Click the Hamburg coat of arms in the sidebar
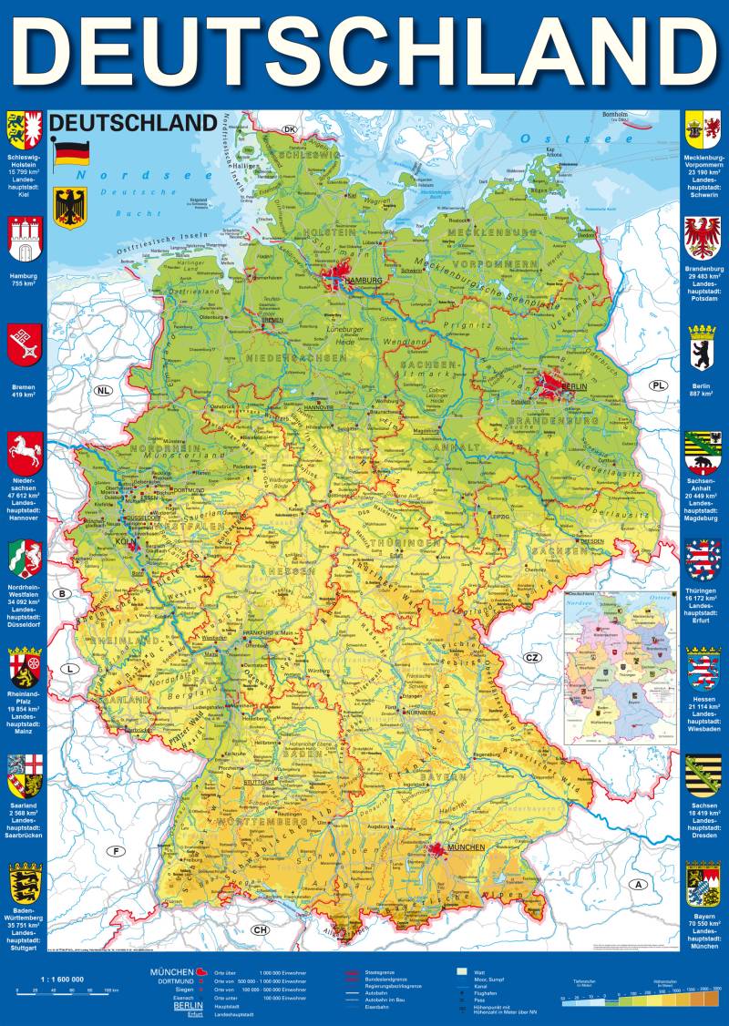[x=26, y=240]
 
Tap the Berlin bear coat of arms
[x=703, y=345]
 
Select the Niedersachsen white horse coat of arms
[x=26, y=451]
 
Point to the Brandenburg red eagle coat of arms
[x=703, y=239]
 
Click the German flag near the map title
[x=69, y=153]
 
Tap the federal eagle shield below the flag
[x=69, y=207]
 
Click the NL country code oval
[x=107, y=391]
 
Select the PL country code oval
[x=658, y=385]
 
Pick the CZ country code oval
[x=532, y=657]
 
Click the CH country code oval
[x=261, y=929]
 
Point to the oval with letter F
[x=116, y=852]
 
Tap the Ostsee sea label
[x=552, y=139]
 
